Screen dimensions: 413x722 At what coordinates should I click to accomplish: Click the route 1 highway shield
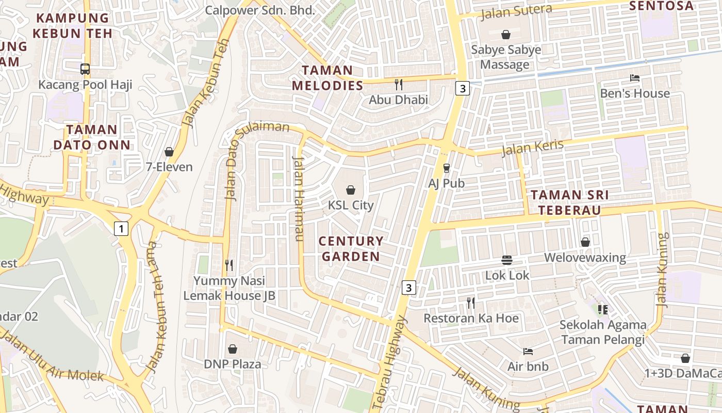point(121,228)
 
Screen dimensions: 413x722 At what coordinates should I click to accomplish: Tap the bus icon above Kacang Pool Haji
point(85,69)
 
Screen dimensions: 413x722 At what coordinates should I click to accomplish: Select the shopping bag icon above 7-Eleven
point(169,152)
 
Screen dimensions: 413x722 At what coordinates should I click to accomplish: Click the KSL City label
point(351,205)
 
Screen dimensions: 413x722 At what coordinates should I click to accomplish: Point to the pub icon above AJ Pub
point(447,168)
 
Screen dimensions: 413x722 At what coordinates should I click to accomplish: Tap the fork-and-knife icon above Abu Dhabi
point(398,84)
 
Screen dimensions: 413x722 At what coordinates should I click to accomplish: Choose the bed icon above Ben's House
point(635,78)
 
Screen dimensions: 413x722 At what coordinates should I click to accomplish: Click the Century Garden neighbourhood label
point(351,248)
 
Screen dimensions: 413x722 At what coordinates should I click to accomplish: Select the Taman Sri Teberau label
point(569,202)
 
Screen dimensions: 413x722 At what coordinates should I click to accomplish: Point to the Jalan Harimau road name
point(298,198)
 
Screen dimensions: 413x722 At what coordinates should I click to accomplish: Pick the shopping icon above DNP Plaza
point(233,349)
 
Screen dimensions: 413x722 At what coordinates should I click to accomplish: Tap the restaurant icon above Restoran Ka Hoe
point(470,303)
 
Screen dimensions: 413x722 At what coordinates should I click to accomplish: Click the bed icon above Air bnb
point(528,352)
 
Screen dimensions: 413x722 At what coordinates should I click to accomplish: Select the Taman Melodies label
point(327,77)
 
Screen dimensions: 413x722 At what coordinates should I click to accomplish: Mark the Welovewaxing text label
point(585,258)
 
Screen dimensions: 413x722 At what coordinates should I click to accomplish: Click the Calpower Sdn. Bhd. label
point(260,10)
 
